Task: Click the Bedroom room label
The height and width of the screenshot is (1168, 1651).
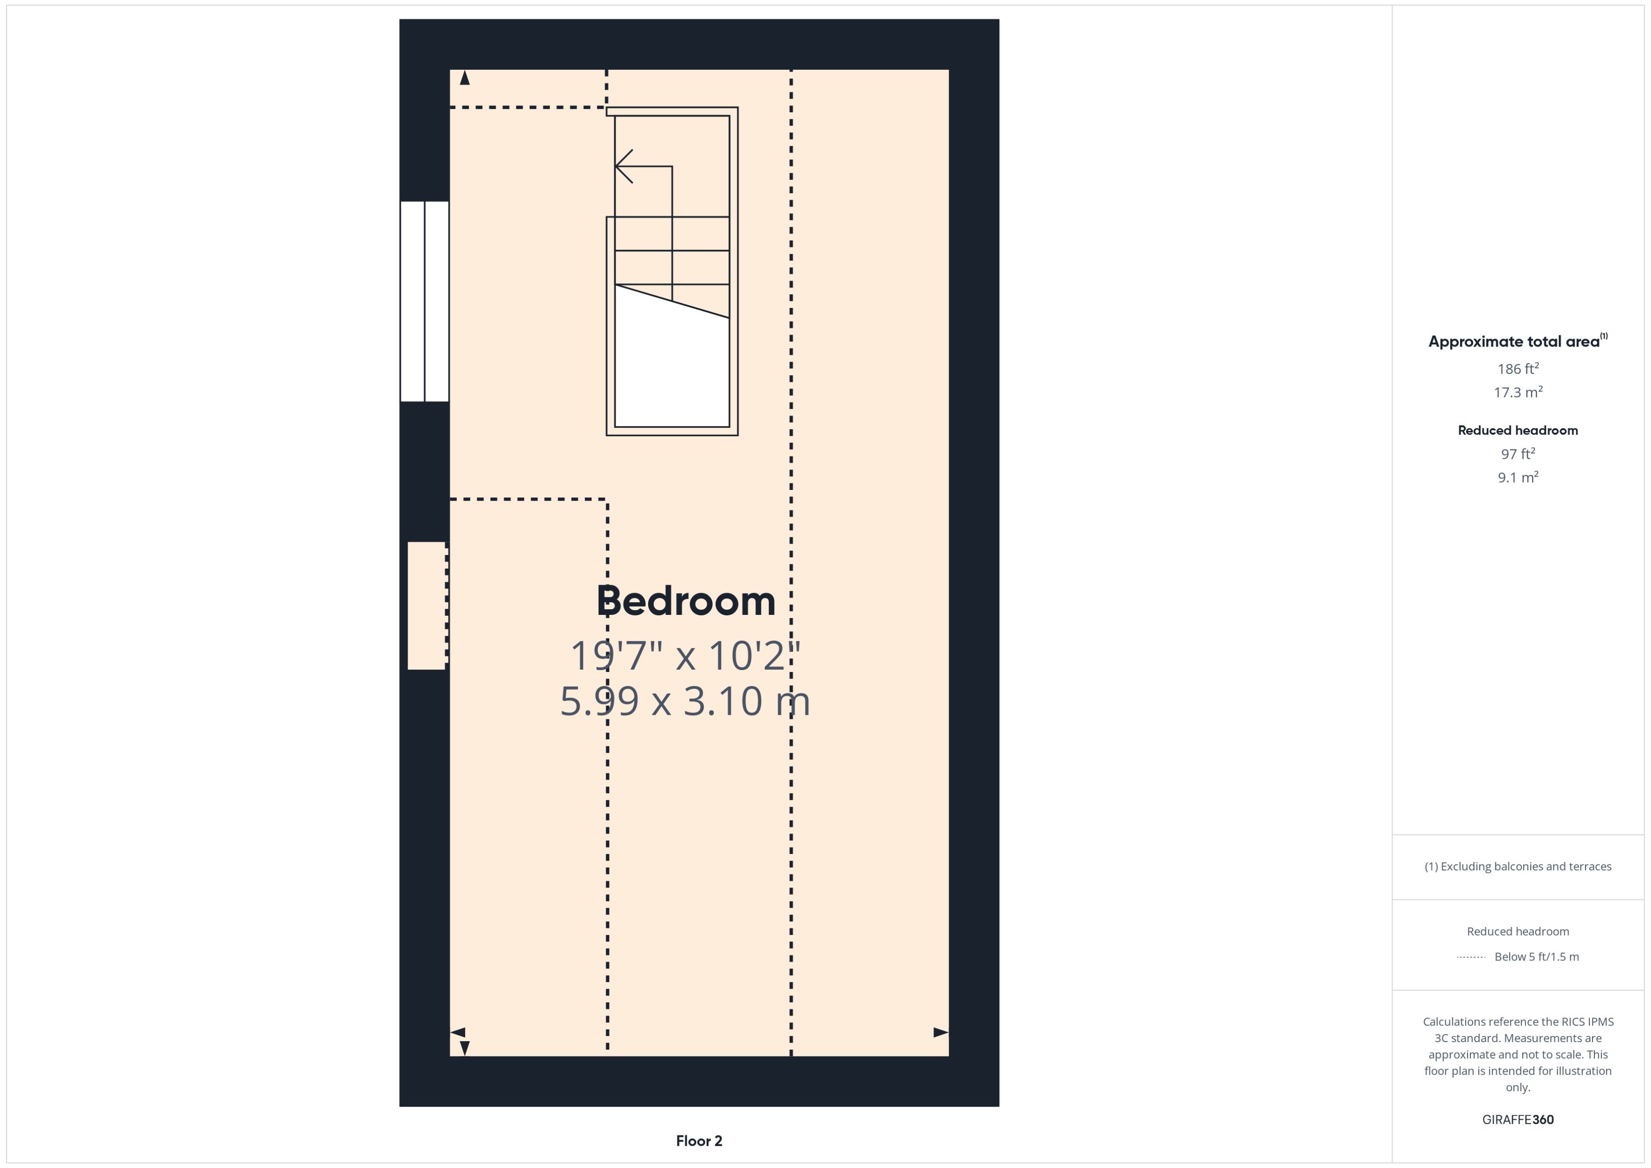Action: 685,601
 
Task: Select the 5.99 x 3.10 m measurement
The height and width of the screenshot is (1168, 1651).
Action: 685,701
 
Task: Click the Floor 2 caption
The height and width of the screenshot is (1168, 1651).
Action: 699,1141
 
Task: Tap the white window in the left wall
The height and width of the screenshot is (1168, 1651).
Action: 425,301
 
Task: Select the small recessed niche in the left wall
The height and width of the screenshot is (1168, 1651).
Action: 426,605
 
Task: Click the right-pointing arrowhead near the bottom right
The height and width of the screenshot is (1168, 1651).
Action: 940,1032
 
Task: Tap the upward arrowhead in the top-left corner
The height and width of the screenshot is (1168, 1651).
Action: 465,78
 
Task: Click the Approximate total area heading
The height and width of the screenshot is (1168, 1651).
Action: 1514,341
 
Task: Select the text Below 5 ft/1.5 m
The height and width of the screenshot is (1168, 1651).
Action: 1537,957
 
